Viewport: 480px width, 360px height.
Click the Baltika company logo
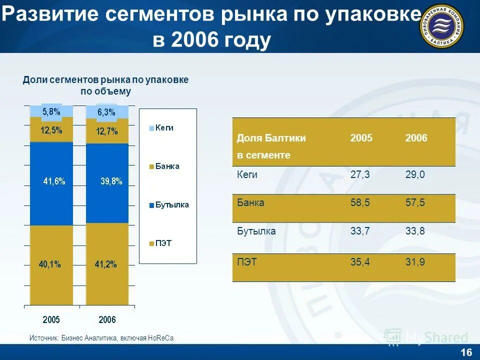(x=441, y=26)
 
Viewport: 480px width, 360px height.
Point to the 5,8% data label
(x=51, y=111)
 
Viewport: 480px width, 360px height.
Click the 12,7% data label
(x=107, y=131)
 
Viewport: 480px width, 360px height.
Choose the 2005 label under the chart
(x=51, y=319)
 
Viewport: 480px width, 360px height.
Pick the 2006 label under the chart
(x=107, y=319)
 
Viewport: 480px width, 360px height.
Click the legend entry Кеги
(x=164, y=127)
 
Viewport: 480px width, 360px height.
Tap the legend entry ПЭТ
(x=163, y=243)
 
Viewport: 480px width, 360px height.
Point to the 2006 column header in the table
(x=416, y=138)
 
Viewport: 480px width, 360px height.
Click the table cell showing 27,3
(x=360, y=174)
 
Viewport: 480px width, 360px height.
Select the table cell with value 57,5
(x=415, y=203)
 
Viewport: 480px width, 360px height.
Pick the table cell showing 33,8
(x=415, y=231)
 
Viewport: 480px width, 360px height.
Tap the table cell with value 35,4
(x=360, y=260)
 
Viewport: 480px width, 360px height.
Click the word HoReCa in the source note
(x=160, y=338)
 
